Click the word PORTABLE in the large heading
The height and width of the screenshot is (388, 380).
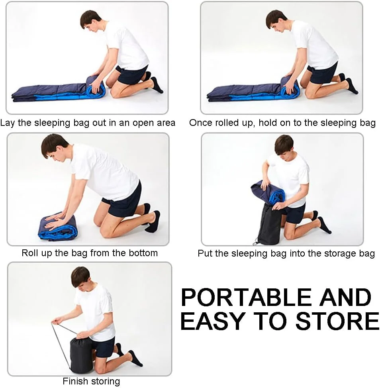click(x=247, y=297)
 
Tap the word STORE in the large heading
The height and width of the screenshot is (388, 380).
click(x=337, y=321)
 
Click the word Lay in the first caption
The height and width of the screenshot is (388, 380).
click(x=8, y=123)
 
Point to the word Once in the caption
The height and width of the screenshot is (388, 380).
click(x=201, y=123)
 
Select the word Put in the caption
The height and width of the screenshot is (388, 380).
click(x=205, y=253)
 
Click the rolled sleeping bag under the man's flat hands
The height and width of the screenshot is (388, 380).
click(x=58, y=226)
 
